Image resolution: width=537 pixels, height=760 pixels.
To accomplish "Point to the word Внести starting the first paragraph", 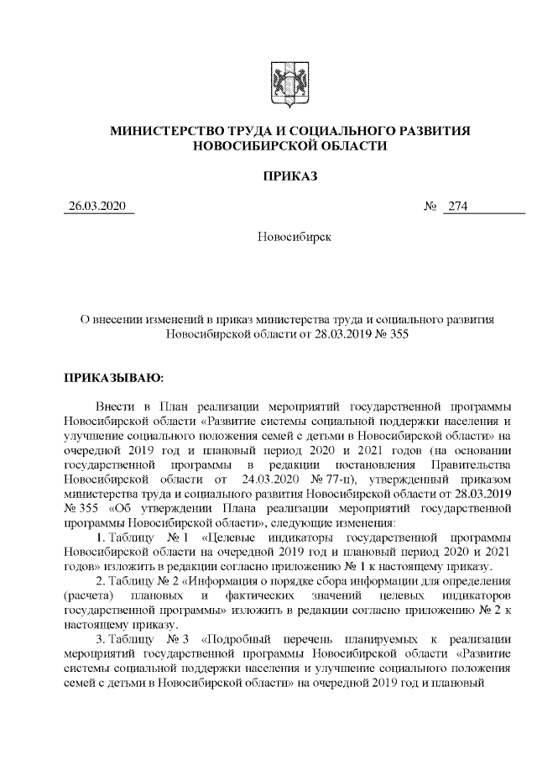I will [x=113, y=404].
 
